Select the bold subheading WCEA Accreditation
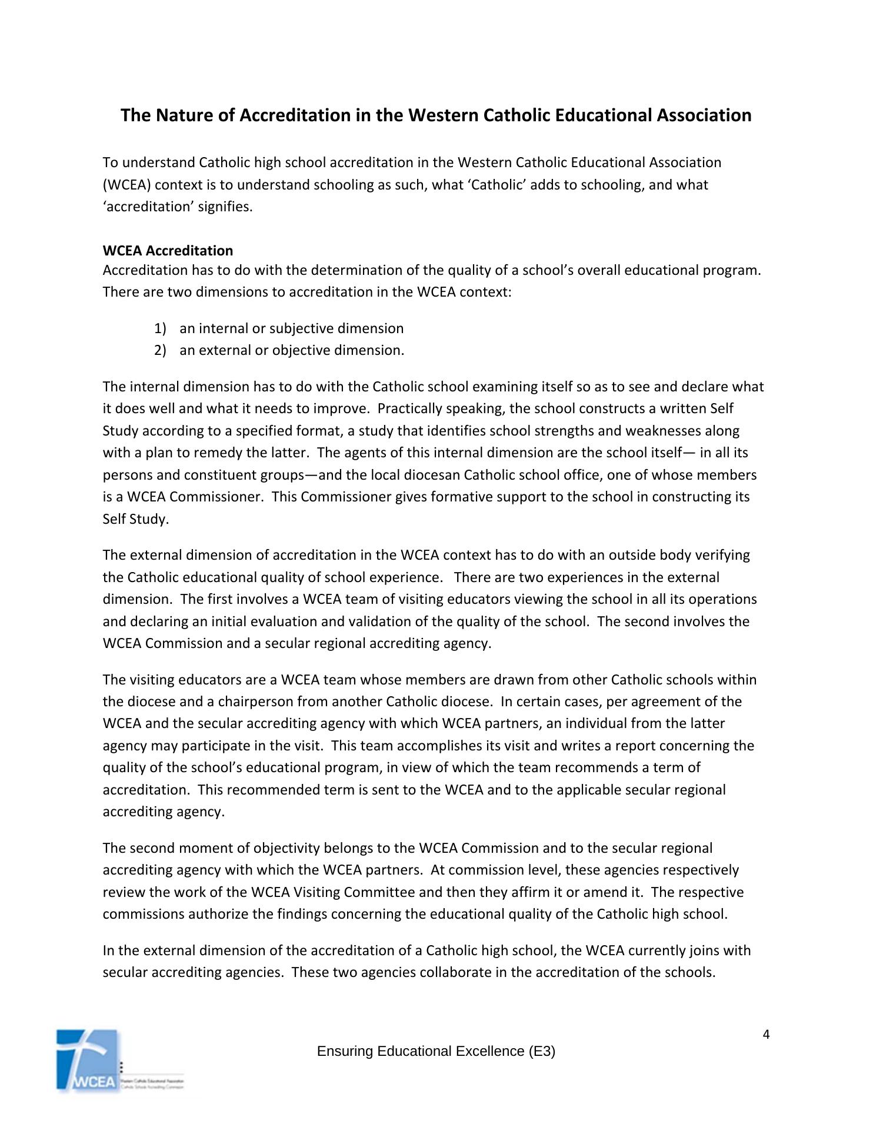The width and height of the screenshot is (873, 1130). [x=168, y=251]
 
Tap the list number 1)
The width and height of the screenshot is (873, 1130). [x=161, y=328]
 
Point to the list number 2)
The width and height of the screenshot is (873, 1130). [x=161, y=350]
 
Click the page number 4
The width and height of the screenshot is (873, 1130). [x=766, y=1035]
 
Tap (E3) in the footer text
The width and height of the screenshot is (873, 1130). [x=541, y=1051]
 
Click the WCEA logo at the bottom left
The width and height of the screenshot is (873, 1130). [x=88, y=1060]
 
